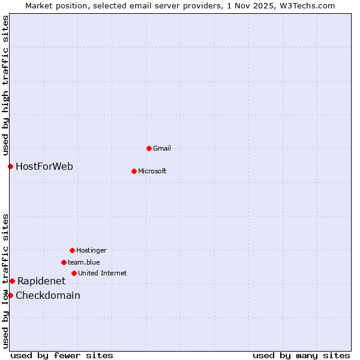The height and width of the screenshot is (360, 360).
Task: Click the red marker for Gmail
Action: tap(149, 148)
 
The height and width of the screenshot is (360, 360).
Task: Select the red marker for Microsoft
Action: tap(134, 171)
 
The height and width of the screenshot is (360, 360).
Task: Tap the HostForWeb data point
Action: tap(10, 166)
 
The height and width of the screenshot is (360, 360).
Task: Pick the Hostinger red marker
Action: tap(72, 250)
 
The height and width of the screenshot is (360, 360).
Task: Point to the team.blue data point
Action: tap(64, 262)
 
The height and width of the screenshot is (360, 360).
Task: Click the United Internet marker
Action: tap(74, 273)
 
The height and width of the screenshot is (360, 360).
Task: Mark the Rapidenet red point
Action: tap(12, 281)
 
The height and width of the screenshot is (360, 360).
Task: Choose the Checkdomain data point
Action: tap(10, 295)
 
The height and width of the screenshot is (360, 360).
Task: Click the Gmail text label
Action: tap(162, 148)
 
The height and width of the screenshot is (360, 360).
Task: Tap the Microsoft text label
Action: tap(152, 171)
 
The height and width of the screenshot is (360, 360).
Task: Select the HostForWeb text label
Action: tap(44, 166)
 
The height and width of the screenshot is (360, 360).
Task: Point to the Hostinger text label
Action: tap(91, 250)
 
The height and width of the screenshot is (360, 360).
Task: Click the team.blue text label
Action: tap(84, 262)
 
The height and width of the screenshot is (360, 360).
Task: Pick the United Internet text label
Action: tap(103, 273)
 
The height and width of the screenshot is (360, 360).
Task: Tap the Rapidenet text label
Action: tap(41, 281)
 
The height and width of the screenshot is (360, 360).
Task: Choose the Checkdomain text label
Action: tap(48, 295)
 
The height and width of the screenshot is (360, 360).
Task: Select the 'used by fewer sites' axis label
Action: tap(62, 355)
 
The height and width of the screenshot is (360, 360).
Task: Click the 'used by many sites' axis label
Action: tap(301, 355)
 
